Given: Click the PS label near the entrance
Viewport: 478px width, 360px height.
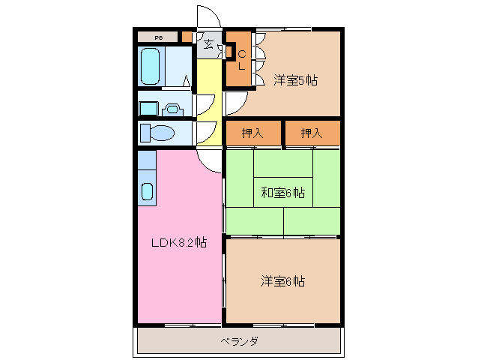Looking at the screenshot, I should pos(159,37).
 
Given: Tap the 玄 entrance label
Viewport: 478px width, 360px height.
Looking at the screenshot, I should pos(208,44).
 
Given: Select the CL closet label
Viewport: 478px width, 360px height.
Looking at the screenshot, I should pos(242,59).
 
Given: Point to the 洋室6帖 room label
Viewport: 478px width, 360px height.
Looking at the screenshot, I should pos(282,281).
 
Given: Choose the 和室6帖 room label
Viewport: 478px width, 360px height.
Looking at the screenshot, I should pos(282,193).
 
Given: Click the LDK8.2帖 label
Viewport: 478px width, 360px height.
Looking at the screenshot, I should pos(179,242).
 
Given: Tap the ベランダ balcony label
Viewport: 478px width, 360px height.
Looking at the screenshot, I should pos(240,342).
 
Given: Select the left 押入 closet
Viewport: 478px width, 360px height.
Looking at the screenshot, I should pos(253,133).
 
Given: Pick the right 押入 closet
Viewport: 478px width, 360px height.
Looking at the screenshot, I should pos(312,133).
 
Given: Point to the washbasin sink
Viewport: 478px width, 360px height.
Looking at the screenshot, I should pos(172,108).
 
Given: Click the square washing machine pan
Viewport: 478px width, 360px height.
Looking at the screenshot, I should pos(148,108).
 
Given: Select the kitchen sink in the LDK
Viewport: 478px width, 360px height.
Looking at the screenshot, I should pos(147,190).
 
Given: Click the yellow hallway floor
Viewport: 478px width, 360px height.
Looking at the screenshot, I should pos(210,97).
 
